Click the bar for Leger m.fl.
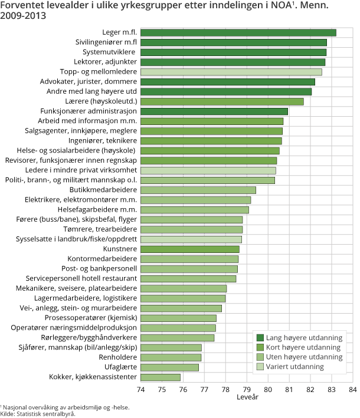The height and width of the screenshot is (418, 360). tap(238, 32)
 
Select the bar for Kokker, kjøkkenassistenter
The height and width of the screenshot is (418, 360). tap(161, 377)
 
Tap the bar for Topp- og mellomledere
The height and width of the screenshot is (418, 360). tap(231, 72)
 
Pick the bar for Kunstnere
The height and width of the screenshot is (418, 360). tap(189, 249)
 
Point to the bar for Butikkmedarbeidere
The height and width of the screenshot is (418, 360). tap(198, 190)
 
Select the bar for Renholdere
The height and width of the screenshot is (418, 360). tap(171, 357)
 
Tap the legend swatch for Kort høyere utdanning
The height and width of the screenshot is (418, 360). tap(260, 347)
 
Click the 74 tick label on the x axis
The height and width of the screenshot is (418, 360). tap(140, 390)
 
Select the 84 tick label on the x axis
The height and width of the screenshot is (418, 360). tap(352, 390)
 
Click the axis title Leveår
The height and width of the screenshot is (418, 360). tap(247, 398)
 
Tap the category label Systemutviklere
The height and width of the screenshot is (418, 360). tap(109, 52)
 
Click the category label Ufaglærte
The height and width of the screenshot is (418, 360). tap(122, 367)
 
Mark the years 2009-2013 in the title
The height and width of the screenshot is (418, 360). tap(24, 16)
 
